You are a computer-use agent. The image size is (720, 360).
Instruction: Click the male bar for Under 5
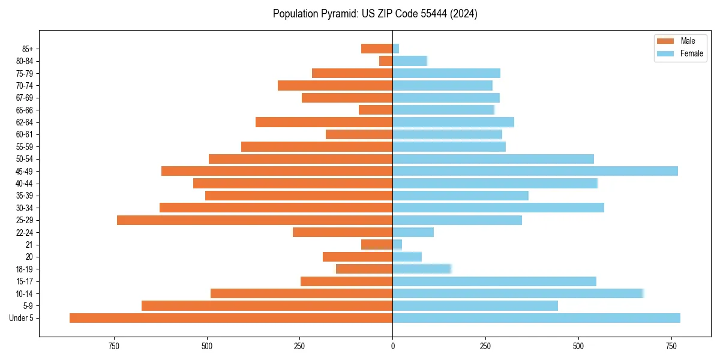pyautogui.click(x=231, y=318)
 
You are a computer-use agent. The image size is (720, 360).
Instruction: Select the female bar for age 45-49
pyautogui.click(x=535, y=171)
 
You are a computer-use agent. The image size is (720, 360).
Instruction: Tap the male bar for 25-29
pyautogui.click(x=255, y=220)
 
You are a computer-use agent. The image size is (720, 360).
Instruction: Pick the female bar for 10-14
pyautogui.click(x=518, y=293)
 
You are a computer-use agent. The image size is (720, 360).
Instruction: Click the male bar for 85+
pyautogui.click(x=377, y=49)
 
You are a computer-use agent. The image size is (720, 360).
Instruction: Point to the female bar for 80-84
pyautogui.click(x=410, y=61)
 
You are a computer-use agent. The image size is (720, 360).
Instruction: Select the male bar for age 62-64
pyautogui.click(x=324, y=122)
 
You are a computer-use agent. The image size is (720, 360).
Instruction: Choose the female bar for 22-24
pyautogui.click(x=413, y=232)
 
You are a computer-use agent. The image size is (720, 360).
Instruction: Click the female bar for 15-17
pyautogui.click(x=494, y=281)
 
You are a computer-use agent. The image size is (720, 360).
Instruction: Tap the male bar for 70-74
pyautogui.click(x=335, y=85)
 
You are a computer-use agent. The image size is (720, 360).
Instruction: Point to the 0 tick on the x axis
pyautogui.click(x=392, y=347)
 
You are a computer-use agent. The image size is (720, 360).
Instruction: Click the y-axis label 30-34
pyautogui.click(x=25, y=208)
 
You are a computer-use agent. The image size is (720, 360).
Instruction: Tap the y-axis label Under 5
pyautogui.click(x=22, y=318)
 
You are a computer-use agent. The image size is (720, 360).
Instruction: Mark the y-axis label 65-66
pyautogui.click(x=25, y=110)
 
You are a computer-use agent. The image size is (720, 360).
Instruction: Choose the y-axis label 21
pyautogui.click(x=29, y=245)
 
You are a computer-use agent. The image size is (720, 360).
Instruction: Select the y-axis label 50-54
pyautogui.click(x=25, y=159)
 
